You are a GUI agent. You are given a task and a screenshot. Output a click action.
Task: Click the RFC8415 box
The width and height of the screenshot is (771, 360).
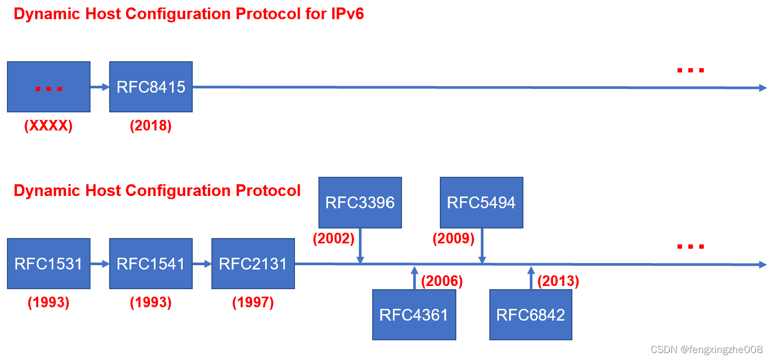tap(151, 87)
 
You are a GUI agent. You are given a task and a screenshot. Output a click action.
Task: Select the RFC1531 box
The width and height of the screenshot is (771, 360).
tap(48, 264)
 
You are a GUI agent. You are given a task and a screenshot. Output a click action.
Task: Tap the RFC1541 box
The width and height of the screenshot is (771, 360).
tap(151, 264)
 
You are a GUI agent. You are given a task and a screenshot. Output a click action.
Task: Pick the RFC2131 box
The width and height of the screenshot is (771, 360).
tap(253, 264)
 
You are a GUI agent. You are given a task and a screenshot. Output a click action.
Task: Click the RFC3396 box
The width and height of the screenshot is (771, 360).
tap(360, 202)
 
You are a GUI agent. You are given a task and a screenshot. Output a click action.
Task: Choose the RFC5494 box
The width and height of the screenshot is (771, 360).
tap(481, 202)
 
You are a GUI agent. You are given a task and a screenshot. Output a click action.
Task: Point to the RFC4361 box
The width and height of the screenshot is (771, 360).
tap(414, 315)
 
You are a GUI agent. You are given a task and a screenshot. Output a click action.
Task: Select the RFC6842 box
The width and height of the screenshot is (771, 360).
tap(530, 315)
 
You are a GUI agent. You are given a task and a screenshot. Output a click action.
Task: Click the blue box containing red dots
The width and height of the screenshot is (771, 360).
tap(48, 87)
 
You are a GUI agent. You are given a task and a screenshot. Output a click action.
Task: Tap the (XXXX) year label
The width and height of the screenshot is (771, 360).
tap(48, 127)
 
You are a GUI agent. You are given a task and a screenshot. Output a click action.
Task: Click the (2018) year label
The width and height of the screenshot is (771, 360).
tap(151, 127)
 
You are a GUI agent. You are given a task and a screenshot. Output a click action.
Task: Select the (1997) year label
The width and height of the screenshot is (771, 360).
tap(253, 302)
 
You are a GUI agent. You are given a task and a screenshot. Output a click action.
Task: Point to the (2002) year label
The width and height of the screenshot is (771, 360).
tap(333, 239)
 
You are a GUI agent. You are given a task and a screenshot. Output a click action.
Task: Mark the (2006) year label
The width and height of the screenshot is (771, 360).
tap(442, 281)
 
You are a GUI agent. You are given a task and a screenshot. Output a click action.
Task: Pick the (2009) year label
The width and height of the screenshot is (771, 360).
tap(454, 239)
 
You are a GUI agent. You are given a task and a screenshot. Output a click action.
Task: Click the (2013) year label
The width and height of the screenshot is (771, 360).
tap(558, 281)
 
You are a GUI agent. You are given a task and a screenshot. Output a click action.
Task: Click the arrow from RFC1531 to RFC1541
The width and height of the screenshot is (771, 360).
tap(100, 264)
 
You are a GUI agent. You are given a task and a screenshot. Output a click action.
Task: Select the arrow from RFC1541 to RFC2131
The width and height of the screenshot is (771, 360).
tap(202, 264)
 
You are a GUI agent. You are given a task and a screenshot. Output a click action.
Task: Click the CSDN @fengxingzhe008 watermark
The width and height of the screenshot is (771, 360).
tap(707, 349)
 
